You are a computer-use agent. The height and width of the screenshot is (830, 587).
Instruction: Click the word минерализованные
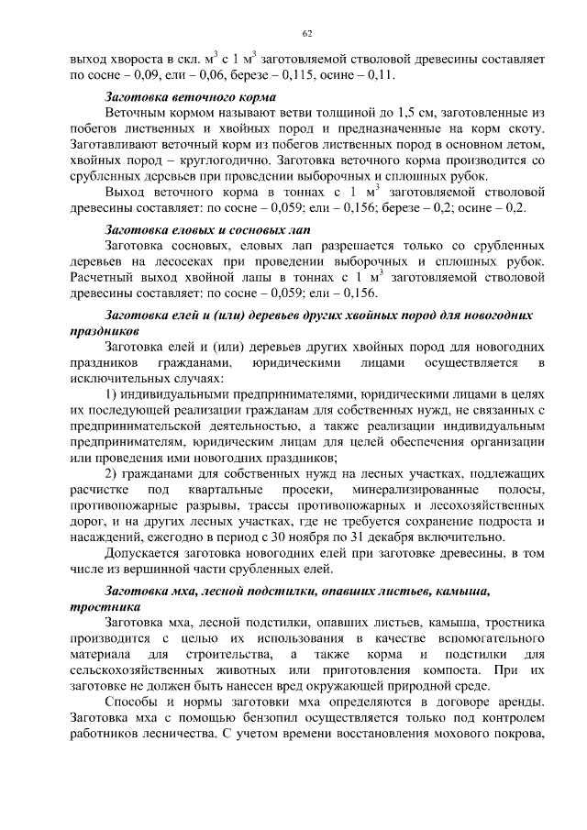pos(415,491)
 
